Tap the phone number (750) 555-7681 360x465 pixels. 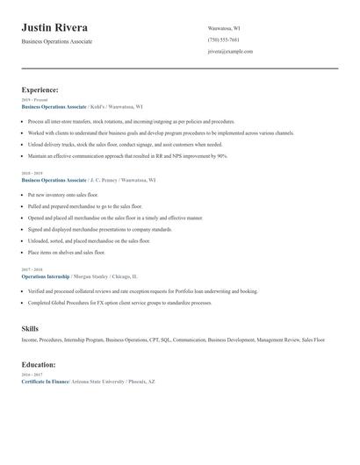(x=223, y=39)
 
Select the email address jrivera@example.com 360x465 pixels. (x=230, y=52)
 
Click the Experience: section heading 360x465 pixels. (x=40, y=89)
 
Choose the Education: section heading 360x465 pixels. (x=39, y=364)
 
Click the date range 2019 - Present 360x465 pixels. (x=34, y=100)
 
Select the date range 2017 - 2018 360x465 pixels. (x=32, y=269)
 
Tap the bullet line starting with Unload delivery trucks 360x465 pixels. (x=125, y=144)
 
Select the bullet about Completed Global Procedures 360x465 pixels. (x=119, y=303)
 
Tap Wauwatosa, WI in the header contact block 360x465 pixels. (x=226, y=28)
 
